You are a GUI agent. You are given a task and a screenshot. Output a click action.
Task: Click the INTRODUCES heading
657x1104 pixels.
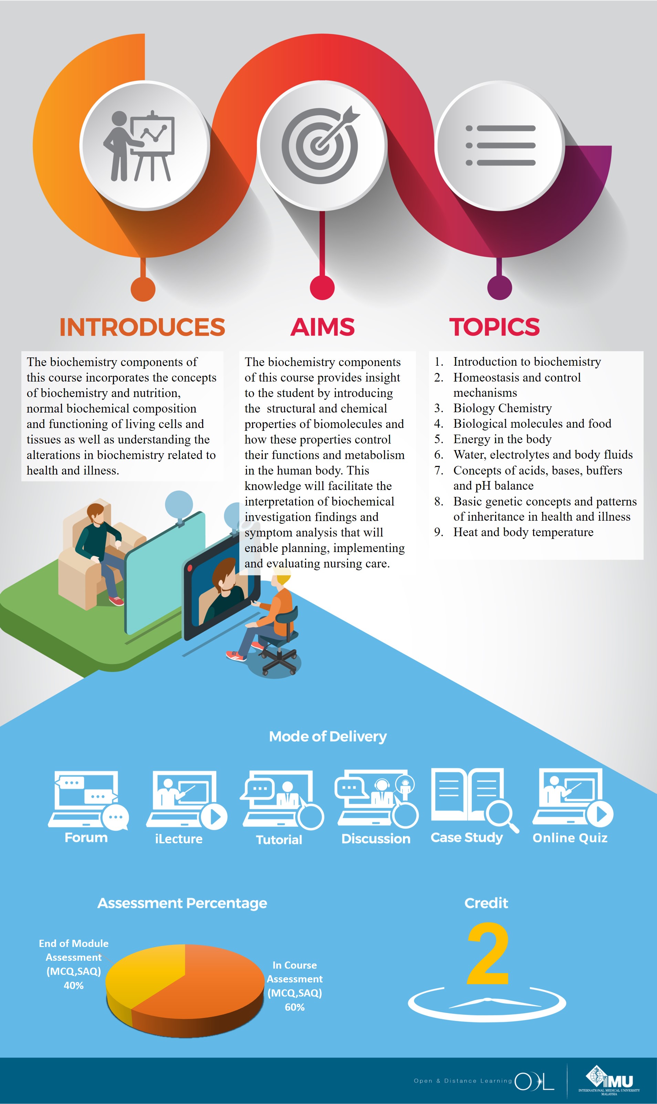(x=142, y=327)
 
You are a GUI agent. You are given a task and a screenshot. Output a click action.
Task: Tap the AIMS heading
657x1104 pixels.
(x=322, y=327)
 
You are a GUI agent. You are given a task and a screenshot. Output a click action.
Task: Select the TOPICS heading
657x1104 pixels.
(x=494, y=327)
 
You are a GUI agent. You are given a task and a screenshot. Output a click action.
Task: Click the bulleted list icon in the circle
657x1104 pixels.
(x=500, y=145)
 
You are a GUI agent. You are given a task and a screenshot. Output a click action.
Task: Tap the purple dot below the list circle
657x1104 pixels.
(x=499, y=288)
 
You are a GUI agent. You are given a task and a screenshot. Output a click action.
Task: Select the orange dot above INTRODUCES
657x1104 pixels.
(x=143, y=289)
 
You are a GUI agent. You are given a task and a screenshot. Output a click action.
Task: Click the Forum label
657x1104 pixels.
(x=86, y=837)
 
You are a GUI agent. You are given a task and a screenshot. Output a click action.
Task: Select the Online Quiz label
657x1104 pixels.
(x=570, y=837)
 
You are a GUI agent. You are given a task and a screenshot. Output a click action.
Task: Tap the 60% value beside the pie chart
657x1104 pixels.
(x=294, y=1007)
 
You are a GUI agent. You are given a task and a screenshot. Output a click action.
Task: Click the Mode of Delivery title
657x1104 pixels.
(x=327, y=736)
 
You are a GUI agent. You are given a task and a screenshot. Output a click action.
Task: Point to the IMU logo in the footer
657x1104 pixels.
(x=609, y=1080)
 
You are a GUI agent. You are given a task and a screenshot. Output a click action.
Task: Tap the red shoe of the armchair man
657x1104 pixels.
(x=116, y=601)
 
